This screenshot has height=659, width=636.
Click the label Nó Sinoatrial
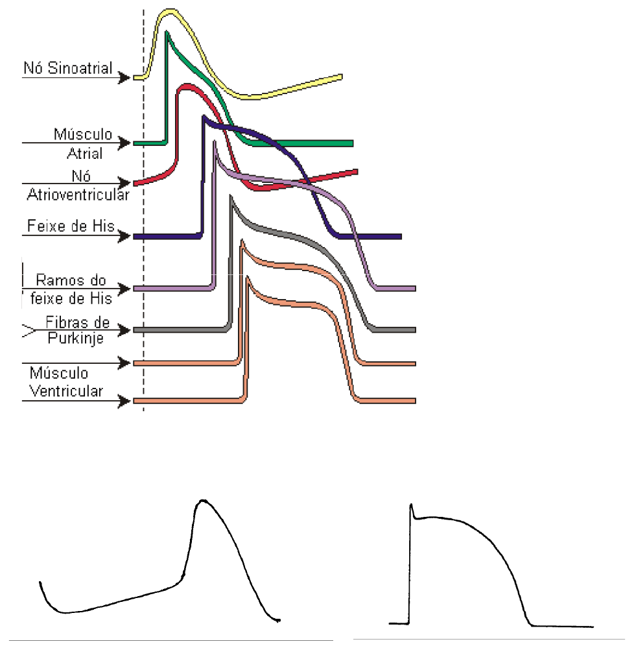point(68,68)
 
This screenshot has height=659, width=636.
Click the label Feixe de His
point(71,226)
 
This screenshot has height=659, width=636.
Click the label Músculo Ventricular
point(67,383)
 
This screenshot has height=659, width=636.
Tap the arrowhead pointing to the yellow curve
point(124,78)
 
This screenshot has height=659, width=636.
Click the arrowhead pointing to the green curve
point(124,142)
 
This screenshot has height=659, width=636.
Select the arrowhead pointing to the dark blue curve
point(124,237)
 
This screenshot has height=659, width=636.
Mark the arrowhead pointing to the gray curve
point(124,330)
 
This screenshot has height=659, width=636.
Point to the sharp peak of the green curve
point(167,32)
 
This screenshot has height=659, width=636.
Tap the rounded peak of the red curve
point(187,86)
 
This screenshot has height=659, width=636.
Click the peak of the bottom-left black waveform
point(204,500)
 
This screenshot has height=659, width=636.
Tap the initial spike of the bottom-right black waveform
point(411,505)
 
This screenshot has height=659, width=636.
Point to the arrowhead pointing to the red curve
point(124,182)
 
